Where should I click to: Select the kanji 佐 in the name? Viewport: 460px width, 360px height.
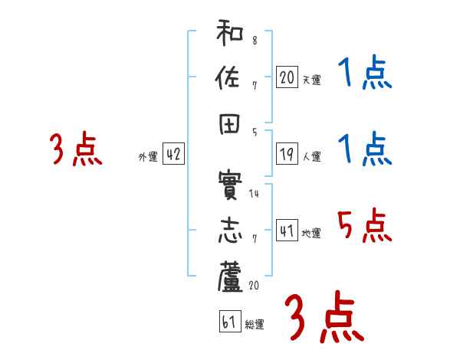click(x=230, y=79)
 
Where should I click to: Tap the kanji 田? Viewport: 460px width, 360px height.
click(x=230, y=125)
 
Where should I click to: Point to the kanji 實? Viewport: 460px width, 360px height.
click(x=230, y=186)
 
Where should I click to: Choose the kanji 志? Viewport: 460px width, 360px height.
click(x=230, y=231)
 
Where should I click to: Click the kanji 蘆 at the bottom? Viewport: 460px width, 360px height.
click(x=230, y=277)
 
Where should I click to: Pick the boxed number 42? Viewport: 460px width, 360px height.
click(x=173, y=154)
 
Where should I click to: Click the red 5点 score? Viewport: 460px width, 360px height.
click(x=363, y=227)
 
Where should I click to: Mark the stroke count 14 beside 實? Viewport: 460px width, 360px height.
click(x=254, y=194)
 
